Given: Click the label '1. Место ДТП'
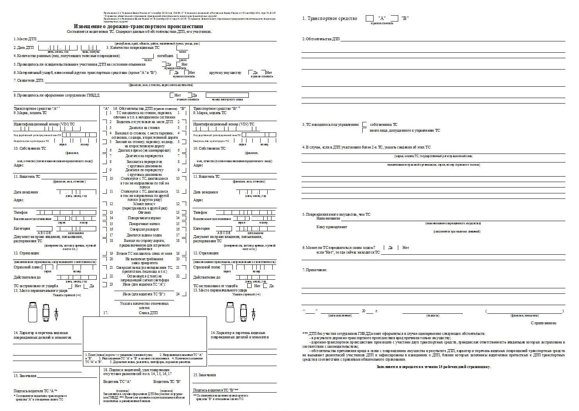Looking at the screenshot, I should [x=25, y=39].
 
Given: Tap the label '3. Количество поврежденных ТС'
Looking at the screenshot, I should [x=133, y=48].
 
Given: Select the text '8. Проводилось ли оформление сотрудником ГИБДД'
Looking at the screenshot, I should [x=57, y=95].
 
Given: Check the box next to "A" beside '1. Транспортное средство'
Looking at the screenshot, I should [x=369, y=18].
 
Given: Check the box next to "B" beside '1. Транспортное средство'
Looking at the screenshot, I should [x=394, y=18].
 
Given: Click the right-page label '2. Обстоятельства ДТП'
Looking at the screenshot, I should [x=321, y=39].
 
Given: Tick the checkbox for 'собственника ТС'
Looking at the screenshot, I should [x=364, y=125].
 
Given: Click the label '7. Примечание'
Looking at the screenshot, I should [x=315, y=270].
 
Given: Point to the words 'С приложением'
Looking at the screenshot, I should [x=543, y=323].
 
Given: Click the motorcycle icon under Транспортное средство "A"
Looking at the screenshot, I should [x=57, y=312].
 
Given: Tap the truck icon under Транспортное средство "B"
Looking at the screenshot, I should [x=229, y=312].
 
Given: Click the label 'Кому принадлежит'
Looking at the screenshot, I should [x=332, y=227].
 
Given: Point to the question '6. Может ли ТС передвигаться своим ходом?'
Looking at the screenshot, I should [x=339, y=248].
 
